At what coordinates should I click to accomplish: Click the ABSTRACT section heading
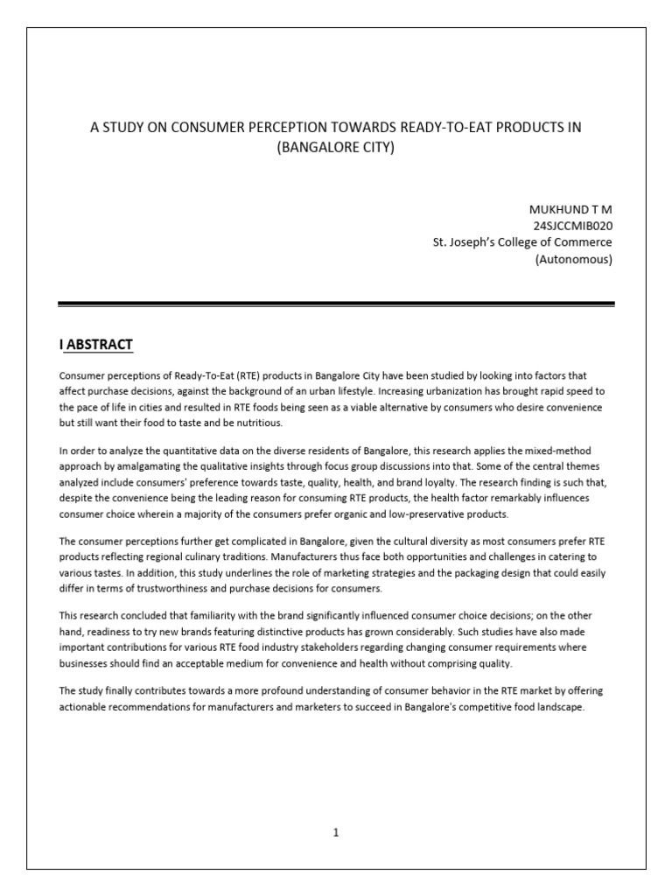click(100, 345)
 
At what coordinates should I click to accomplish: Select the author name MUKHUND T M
click(570, 211)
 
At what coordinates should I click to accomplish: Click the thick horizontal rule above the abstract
click(336, 304)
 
